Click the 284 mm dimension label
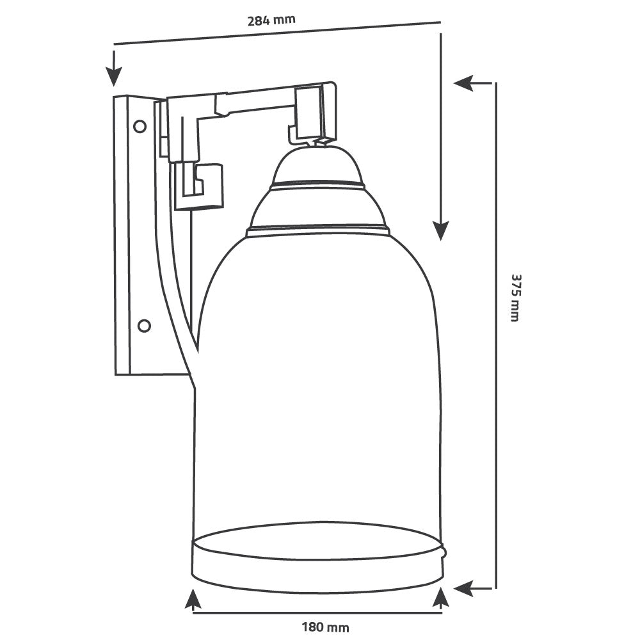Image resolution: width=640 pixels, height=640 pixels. coord(271,19)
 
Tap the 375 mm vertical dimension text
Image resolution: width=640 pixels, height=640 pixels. coord(515,298)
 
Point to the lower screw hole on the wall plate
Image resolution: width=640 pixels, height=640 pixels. coord(144,326)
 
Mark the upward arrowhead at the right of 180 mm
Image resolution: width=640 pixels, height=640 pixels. coord(440,599)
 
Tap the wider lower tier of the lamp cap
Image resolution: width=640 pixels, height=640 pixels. coord(318,208)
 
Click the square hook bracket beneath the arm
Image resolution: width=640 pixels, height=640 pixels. coord(198,186)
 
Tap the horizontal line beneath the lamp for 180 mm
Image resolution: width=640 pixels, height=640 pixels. coord(317,612)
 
